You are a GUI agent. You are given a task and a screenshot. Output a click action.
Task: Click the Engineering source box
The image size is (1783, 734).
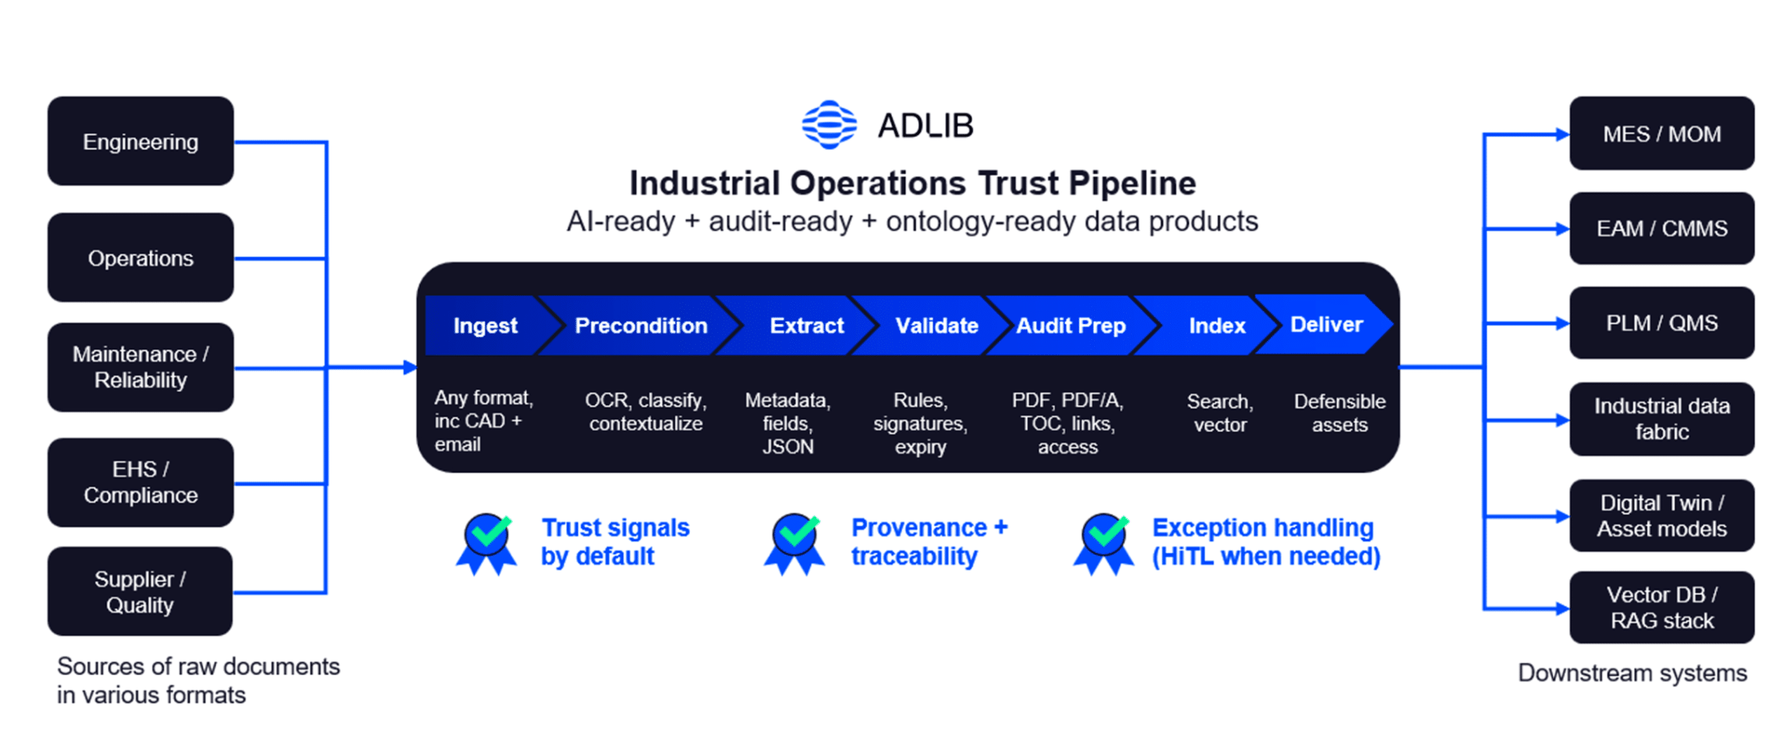[140, 141]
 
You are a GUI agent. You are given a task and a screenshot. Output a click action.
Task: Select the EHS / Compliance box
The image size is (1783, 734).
[140, 482]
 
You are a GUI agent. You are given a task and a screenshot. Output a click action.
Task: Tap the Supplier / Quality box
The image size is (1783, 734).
[140, 591]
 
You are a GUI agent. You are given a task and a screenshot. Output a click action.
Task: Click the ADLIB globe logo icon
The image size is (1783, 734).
[828, 125]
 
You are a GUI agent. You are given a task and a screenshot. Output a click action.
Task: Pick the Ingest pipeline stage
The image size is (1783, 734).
[485, 325]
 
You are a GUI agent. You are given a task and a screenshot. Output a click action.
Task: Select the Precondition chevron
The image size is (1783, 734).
[640, 325]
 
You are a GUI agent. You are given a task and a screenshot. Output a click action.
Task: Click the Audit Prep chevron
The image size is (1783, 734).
[1070, 325]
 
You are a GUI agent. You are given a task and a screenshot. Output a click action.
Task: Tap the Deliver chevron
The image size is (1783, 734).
[1325, 324]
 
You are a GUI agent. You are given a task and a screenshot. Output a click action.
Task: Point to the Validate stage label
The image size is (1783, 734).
[936, 325]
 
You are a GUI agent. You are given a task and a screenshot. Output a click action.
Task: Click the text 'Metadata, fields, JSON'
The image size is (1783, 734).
[787, 423]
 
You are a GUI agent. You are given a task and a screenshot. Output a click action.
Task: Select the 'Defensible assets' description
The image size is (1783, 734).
[1339, 413]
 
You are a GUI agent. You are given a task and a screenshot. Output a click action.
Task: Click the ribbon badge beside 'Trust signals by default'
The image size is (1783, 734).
[487, 543]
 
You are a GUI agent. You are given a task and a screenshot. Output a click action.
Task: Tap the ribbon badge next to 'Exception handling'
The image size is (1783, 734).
[1103, 543]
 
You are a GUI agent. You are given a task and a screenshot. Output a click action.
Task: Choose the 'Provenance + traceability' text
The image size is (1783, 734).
[928, 541]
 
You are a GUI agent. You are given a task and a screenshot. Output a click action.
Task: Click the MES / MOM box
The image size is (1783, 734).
[1660, 134]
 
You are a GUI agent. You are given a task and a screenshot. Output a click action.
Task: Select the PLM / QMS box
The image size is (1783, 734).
[1660, 322]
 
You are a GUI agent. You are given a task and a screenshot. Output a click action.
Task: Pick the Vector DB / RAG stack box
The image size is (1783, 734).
[1660, 607]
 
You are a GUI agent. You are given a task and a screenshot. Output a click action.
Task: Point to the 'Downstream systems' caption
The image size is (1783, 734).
[1631, 673]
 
